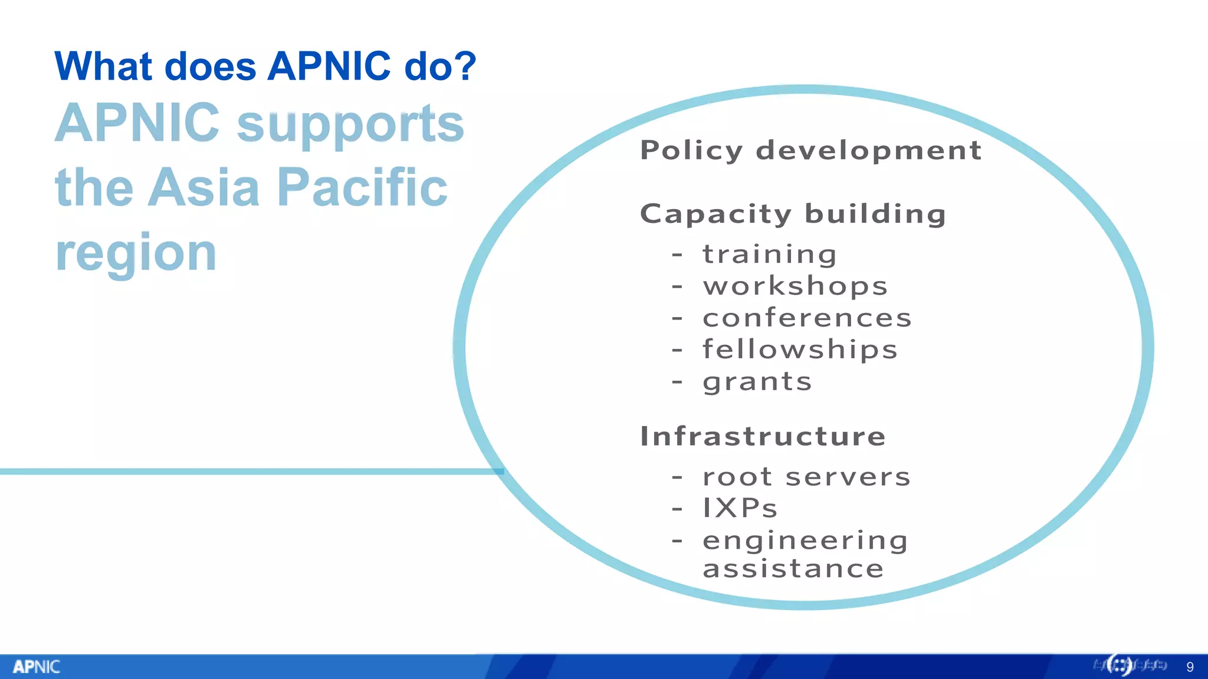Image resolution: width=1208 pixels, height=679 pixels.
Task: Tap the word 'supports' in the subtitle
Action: coord(350,124)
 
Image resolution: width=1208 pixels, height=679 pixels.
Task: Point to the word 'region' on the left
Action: coord(136,253)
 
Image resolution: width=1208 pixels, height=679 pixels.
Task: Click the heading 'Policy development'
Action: coord(810,150)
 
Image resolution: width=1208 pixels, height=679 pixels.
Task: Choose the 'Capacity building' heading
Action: coord(793,214)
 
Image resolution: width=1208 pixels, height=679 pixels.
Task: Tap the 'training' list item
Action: coord(769,255)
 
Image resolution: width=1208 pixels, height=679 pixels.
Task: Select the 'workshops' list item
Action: coord(795,286)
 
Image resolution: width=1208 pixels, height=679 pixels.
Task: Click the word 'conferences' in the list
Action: coord(807,318)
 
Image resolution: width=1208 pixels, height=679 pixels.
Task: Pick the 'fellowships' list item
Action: coord(800,350)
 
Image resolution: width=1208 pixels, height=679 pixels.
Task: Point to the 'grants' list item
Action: coord(757,382)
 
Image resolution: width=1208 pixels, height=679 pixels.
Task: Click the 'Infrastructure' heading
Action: coord(763,437)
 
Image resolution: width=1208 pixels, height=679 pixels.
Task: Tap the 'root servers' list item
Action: coord(806,477)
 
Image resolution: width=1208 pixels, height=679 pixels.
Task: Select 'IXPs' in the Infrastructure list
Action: coord(740,508)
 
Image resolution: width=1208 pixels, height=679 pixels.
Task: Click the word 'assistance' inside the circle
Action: coord(793,569)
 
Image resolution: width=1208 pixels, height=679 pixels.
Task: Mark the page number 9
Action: coord(1190,667)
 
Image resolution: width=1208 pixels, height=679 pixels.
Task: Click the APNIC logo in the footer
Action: coord(37,667)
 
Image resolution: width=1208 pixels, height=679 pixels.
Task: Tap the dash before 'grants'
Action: coord(677,382)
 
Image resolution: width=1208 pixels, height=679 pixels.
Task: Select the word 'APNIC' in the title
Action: coord(329,65)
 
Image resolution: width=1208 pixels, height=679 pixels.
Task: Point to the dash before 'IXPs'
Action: coord(677,508)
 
